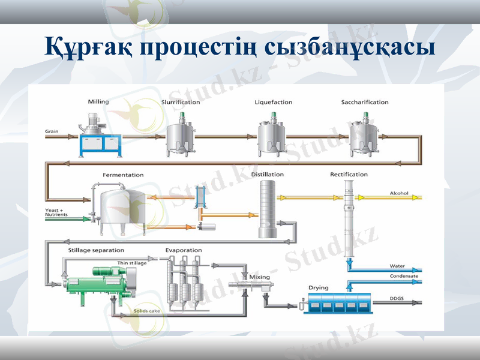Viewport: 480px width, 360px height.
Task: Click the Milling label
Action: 98,102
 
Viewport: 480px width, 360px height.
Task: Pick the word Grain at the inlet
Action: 52,131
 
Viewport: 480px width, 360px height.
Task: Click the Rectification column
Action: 349,222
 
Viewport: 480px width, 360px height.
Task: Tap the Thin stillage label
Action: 131,263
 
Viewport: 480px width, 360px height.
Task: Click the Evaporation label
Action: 184,250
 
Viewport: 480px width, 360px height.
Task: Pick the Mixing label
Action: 260,277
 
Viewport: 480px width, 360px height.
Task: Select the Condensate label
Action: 403,276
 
